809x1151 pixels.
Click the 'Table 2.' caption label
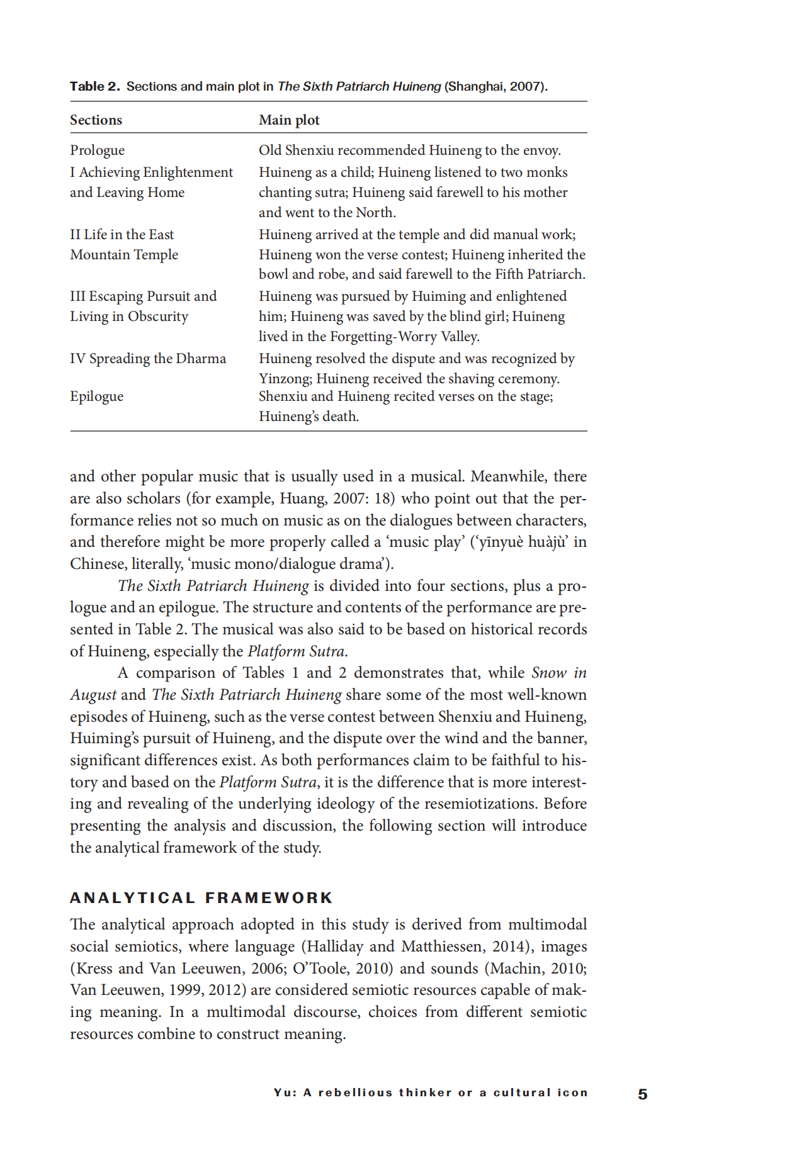click(x=94, y=86)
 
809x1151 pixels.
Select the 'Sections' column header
click(x=96, y=120)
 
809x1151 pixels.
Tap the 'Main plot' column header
click(x=289, y=120)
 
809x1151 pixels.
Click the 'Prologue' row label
click(x=97, y=150)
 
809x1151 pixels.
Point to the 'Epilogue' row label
click(x=96, y=396)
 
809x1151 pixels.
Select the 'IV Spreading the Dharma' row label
click(x=148, y=358)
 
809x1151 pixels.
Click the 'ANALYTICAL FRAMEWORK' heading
click(x=201, y=897)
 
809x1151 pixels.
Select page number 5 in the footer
click(x=642, y=1094)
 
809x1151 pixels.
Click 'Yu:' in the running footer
click(x=285, y=1092)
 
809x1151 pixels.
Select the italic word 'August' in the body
click(x=93, y=695)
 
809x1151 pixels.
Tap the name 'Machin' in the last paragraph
click(x=510, y=968)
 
